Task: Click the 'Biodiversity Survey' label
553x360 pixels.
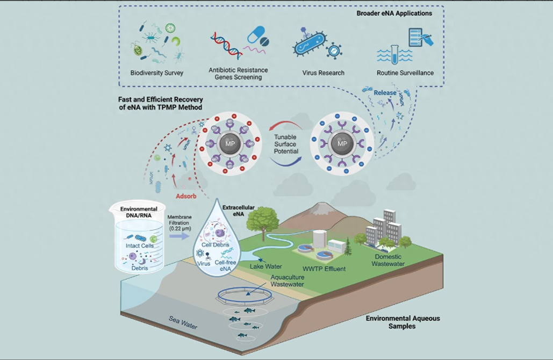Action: click(157, 73)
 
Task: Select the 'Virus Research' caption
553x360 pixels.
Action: click(324, 73)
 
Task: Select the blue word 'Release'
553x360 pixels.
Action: click(385, 93)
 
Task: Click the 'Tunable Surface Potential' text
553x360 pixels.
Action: click(285, 144)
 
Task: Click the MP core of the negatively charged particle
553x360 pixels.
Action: click(341, 144)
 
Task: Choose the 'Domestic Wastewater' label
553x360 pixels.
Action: click(389, 260)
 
